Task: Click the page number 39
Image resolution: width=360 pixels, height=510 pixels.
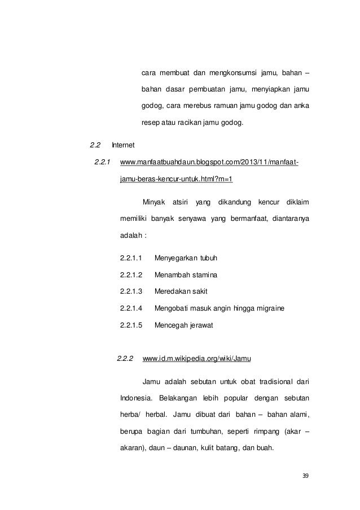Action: coord(305,475)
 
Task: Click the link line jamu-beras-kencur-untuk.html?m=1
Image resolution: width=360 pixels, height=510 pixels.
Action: coord(177,180)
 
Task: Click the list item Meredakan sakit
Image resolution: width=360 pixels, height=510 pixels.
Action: coord(182,291)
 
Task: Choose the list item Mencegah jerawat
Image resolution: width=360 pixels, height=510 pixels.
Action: coord(183,325)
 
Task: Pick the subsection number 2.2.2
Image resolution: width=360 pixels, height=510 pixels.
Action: coord(125,358)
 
